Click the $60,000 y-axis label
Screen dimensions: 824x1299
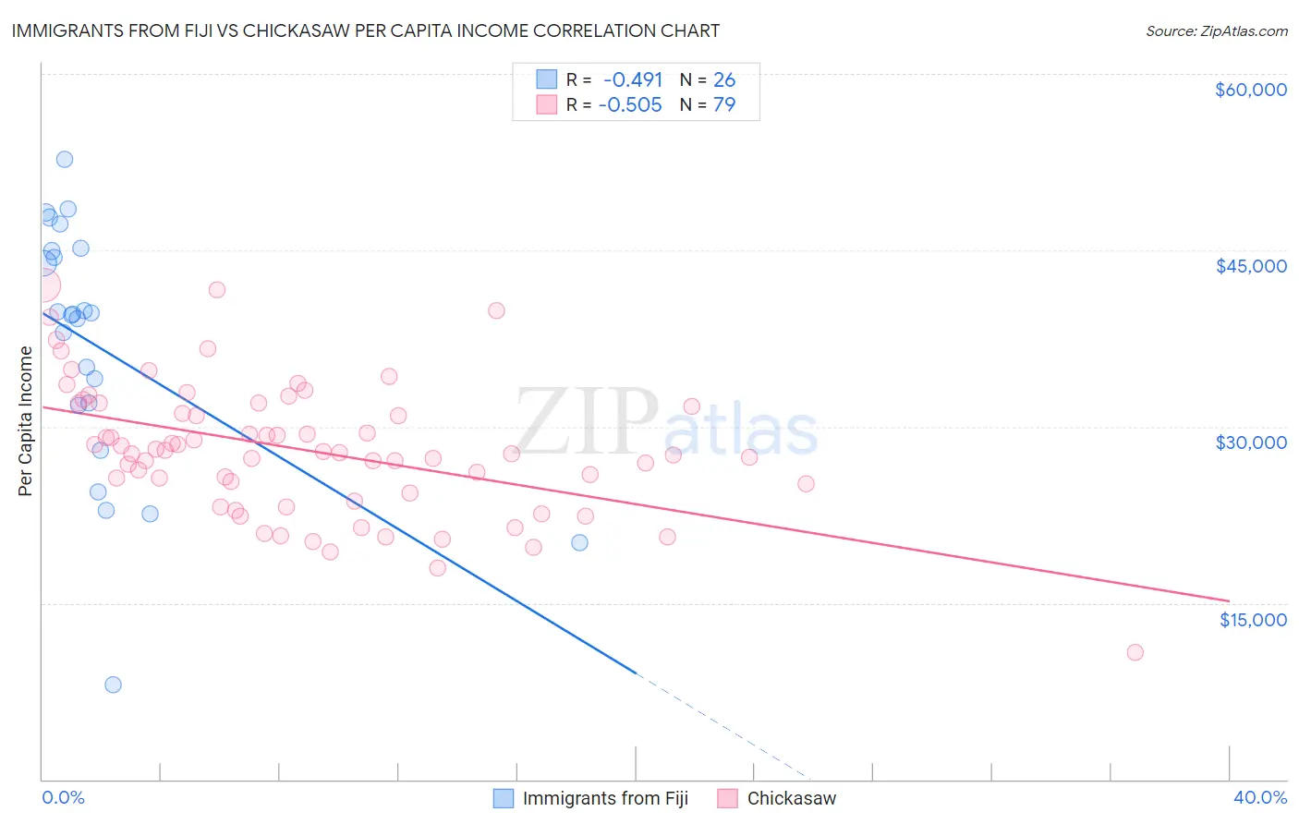pyautogui.click(x=1250, y=90)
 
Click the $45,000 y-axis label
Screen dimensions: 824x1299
pyautogui.click(x=1250, y=266)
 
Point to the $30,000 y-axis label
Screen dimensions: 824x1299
pyautogui.click(x=1250, y=442)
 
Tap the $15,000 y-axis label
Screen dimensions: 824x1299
pyautogui.click(x=1252, y=620)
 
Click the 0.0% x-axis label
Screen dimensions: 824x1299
pyautogui.click(x=63, y=797)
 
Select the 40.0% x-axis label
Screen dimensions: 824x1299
pyautogui.click(x=1259, y=797)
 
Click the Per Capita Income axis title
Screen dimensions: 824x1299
pyautogui.click(x=26, y=421)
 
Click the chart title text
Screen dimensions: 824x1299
pyautogui.click(x=366, y=30)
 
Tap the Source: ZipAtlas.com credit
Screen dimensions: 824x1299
pyautogui.click(x=1216, y=31)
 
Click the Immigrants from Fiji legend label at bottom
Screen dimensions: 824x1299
pyautogui.click(x=605, y=798)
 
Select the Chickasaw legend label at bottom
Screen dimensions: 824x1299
pyautogui.click(x=791, y=798)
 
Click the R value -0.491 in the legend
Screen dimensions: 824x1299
pyautogui.click(x=633, y=80)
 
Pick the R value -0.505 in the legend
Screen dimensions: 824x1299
pyautogui.click(x=630, y=105)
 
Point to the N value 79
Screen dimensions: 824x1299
pyautogui.click(x=724, y=105)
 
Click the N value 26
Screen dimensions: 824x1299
pyautogui.click(x=724, y=80)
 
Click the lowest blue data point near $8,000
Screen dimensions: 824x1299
pyautogui.click(x=113, y=685)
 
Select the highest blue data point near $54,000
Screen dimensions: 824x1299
pyautogui.click(x=65, y=159)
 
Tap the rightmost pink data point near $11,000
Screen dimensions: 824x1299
pyautogui.click(x=1135, y=652)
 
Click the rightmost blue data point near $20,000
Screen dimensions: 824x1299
pyautogui.click(x=579, y=542)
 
